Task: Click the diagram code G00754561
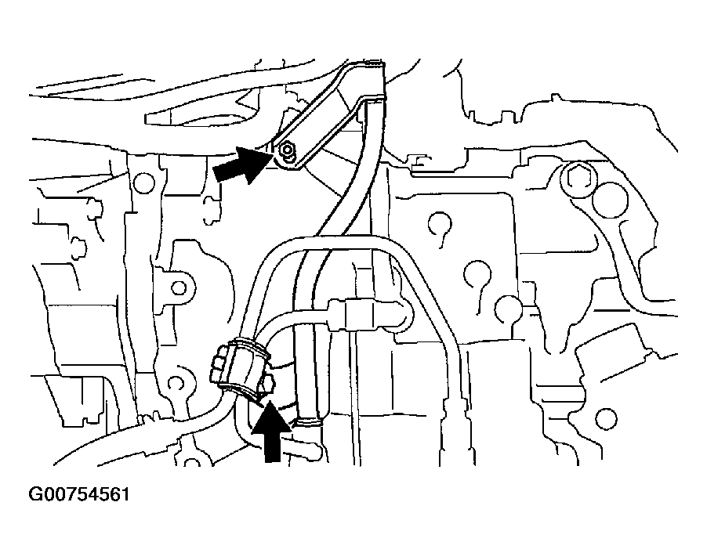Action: click(79, 494)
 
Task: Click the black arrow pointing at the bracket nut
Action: click(242, 165)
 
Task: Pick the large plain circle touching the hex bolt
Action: click(610, 200)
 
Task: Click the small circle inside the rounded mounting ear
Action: click(179, 287)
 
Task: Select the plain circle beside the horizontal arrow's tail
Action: click(144, 182)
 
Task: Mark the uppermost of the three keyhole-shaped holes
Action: click(440, 224)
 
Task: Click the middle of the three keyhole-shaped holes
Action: click(477, 274)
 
